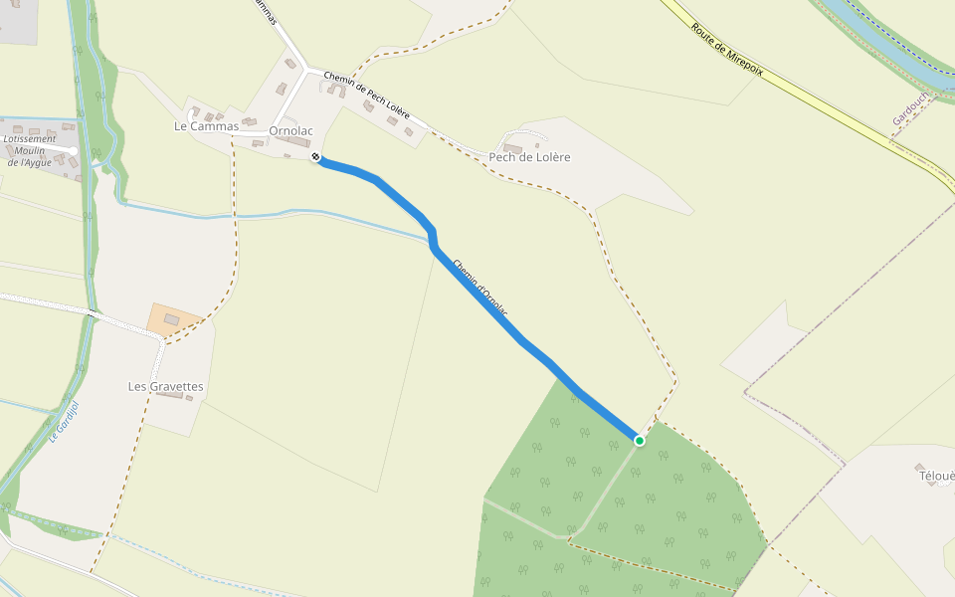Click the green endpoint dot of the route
coord(639,440)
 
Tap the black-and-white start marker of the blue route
coord(315,156)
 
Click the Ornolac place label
coord(290,130)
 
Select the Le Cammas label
coord(206,126)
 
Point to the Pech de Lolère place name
coord(529,157)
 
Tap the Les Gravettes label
coord(166,386)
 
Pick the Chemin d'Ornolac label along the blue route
coord(479,290)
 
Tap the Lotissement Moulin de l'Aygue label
coord(29,150)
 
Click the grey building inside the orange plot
coord(171,319)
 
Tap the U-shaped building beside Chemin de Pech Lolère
coord(336,91)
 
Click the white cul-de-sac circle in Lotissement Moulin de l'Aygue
coord(73,151)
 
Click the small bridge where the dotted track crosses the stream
coord(93,314)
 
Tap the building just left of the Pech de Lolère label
coord(509,149)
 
